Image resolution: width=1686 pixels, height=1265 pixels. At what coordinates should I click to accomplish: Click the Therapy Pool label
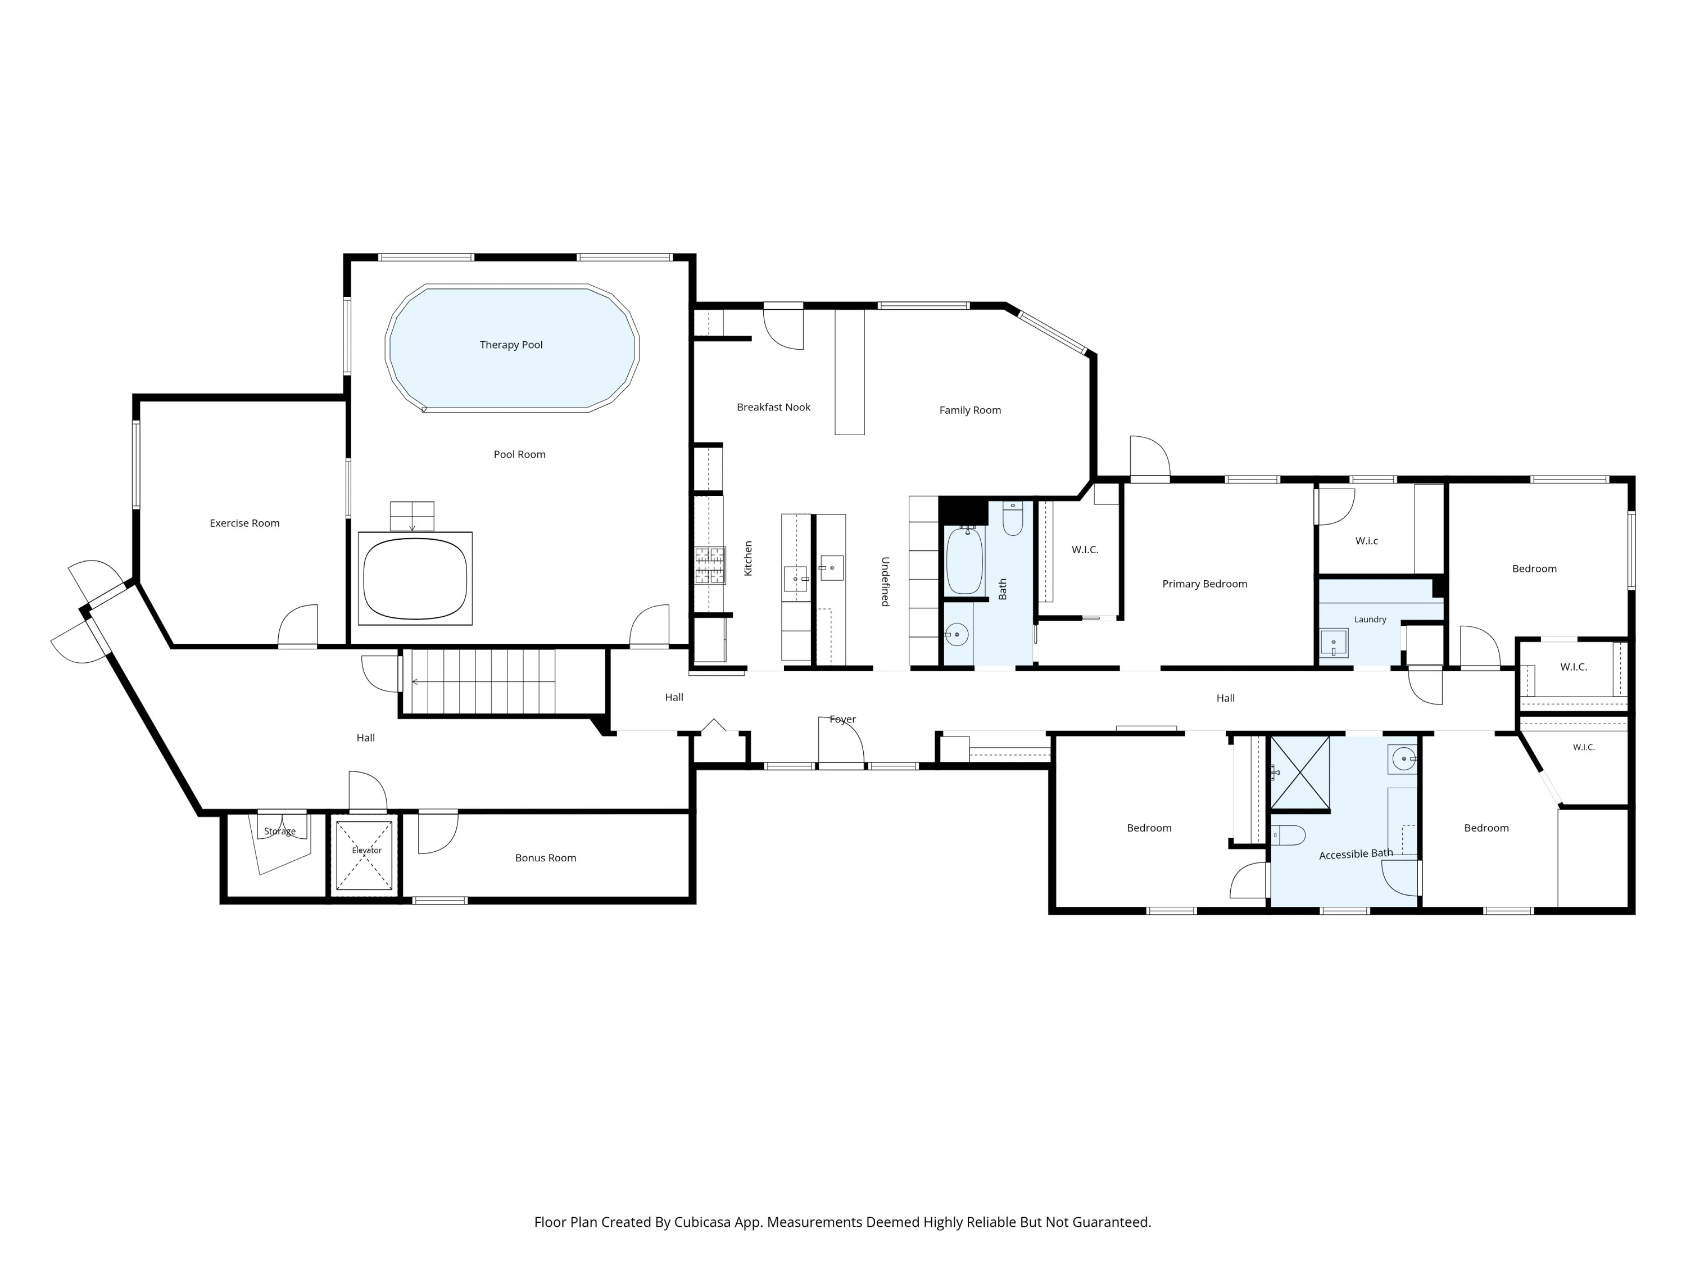click(x=511, y=345)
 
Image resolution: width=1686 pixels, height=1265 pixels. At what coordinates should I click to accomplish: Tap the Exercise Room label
click(x=244, y=523)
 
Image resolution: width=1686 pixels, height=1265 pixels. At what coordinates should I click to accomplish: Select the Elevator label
click(x=366, y=850)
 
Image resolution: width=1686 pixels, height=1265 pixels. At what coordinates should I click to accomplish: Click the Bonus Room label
click(x=546, y=858)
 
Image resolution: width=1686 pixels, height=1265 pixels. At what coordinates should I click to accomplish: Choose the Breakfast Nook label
click(x=774, y=407)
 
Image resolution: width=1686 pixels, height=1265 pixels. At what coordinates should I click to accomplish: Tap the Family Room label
click(x=970, y=410)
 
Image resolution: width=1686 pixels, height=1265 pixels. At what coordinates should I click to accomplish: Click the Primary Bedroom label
click(x=1205, y=584)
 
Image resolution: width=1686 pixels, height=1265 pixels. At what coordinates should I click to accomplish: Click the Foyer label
click(x=843, y=720)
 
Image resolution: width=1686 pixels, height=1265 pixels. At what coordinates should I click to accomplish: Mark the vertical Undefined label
click(x=885, y=582)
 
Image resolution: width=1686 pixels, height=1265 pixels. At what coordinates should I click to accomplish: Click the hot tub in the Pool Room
click(x=415, y=579)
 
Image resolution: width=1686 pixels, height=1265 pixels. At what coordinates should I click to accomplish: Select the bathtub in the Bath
click(x=964, y=561)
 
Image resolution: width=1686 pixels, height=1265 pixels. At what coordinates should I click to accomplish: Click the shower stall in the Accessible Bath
click(x=1299, y=772)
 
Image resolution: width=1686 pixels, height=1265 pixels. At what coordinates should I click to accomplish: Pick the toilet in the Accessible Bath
click(x=1288, y=835)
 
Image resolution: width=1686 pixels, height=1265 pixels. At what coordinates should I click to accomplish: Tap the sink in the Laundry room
click(x=1334, y=643)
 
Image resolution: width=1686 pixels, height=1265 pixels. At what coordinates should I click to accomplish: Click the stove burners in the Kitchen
click(x=710, y=565)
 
